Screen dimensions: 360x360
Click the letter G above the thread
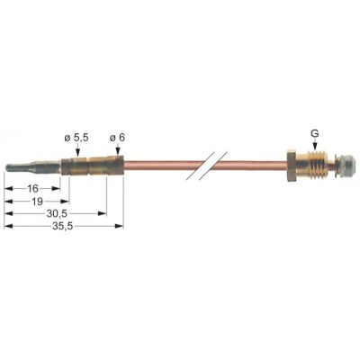tap(314, 133)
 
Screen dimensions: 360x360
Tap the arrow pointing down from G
tap(314, 148)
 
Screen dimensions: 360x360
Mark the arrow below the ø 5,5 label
tap(77, 151)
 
